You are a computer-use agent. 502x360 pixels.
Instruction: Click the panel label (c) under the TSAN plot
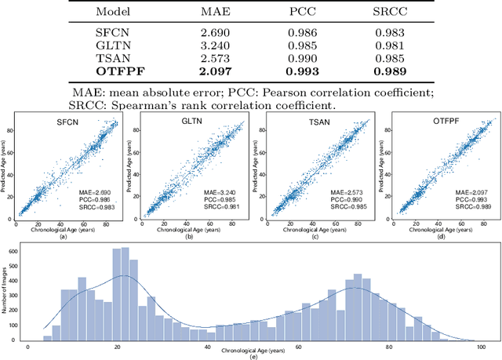pyautogui.click(x=314, y=237)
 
